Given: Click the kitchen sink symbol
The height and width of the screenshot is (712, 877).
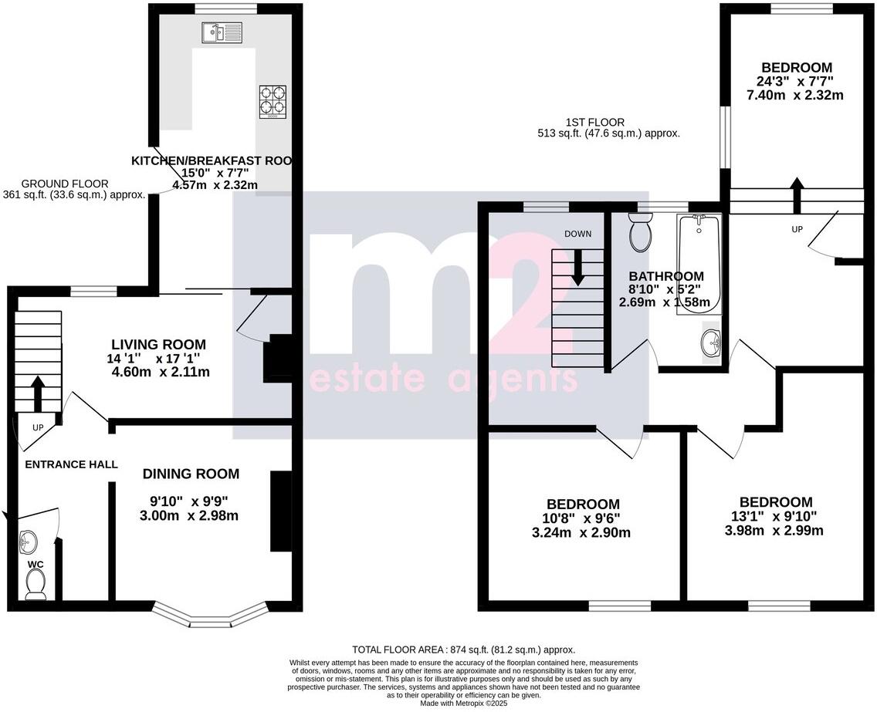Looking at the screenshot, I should [221, 32].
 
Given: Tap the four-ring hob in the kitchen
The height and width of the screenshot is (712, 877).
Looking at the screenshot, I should [272, 101].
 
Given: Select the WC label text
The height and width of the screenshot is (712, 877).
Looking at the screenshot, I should [36, 565].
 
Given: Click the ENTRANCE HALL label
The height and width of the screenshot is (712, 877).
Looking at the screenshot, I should [71, 464].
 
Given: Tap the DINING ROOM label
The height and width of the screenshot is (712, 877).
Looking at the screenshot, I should [191, 474].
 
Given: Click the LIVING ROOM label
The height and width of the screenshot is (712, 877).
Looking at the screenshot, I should [158, 344].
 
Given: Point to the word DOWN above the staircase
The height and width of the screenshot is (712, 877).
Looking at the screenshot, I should [578, 234].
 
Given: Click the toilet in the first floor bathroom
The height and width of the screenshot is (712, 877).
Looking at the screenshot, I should [641, 233].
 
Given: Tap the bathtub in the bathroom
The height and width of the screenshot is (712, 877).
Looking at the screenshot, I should [699, 262].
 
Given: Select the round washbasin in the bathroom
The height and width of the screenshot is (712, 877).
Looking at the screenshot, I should [712, 342].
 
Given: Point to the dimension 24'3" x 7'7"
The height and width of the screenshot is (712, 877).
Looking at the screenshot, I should [796, 81].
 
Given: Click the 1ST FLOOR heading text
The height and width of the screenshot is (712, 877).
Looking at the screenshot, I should [594, 122].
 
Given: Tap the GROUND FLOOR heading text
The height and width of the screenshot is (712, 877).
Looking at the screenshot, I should [64, 184].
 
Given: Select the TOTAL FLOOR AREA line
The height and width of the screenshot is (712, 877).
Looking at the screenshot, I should [463, 650].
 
